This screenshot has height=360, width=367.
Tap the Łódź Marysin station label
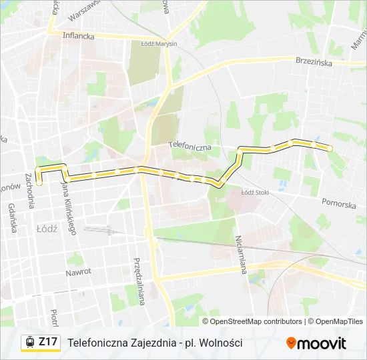click(x=159, y=43)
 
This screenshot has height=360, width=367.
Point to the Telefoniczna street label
click(x=190, y=145)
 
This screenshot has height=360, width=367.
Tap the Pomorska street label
click(x=338, y=203)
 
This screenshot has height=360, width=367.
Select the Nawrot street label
click(x=78, y=273)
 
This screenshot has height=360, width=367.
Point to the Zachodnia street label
click(x=30, y=191)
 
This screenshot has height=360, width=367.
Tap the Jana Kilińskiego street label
click(x=69, y=207)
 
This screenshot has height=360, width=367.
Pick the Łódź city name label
click(x=46, y=228)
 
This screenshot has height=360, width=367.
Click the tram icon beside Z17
click(x=29, y=343)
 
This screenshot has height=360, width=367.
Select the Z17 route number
click(x=49, y=342)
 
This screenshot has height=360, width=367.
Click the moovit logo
click(x=316, y=343)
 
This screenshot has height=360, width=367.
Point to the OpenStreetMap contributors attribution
click(x=256, y=321)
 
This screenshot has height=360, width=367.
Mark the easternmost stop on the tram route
click(x=329, y=148)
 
